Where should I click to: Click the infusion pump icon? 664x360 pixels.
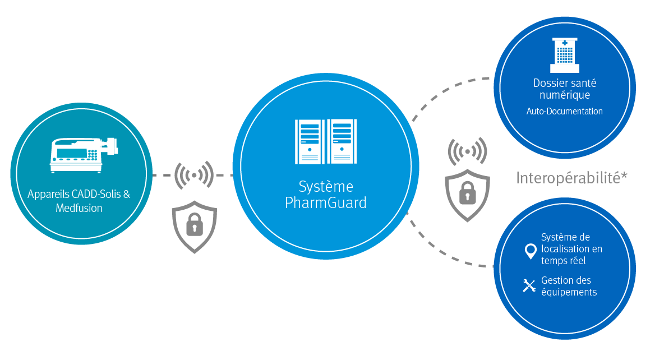coord(84,155)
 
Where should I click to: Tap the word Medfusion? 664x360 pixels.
coord(79,208)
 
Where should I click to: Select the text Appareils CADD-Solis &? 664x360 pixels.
coord(79,194)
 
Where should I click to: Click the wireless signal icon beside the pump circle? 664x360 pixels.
coord(194,175)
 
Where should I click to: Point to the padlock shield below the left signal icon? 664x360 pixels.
coord(195,227)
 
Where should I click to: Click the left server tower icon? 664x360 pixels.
coord(310,141)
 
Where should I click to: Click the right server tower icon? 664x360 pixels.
coord(342,141)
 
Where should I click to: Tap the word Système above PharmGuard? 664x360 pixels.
coord(326,186)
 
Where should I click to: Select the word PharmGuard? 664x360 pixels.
coord(326,203)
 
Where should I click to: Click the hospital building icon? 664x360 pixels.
coord(565,55)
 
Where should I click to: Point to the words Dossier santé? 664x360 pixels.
coord(565,83)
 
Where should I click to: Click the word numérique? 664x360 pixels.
coord(565,95)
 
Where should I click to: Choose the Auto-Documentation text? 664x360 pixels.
coord(565,111)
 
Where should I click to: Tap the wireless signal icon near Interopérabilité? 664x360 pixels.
coord(468,151)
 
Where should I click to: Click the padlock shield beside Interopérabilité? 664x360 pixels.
coord(468,195)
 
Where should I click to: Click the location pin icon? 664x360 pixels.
coord(531,251)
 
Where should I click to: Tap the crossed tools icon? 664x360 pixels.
coord(529,286)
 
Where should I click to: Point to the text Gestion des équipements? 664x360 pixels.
coord(569,286)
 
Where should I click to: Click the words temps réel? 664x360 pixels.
coord(563,261)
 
